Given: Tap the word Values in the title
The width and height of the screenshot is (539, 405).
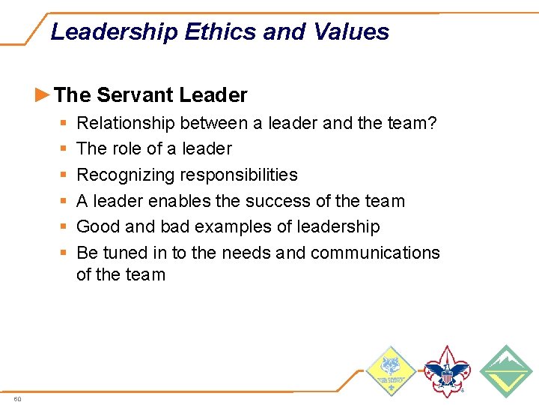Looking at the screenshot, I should point(351,32).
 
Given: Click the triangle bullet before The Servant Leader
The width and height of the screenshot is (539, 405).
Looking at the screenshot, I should point(43,94).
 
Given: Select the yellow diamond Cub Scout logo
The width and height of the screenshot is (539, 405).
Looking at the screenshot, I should point(389,371).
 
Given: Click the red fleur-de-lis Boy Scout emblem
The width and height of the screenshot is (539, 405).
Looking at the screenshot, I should point(447,371).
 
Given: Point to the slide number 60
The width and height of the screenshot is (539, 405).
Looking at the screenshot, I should point(17,398).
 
